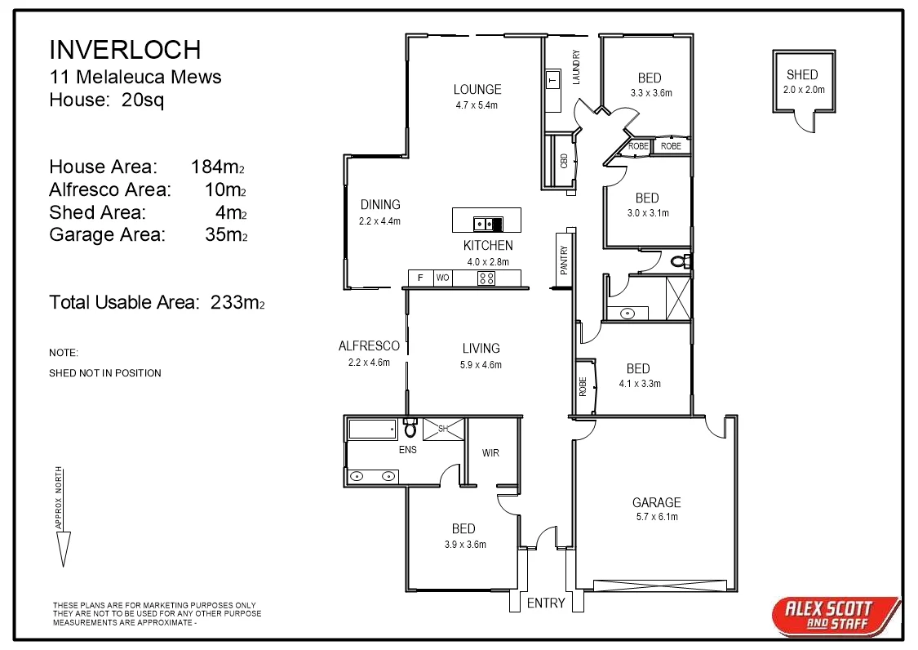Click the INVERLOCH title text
(125, 50)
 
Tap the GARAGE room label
(656, 503)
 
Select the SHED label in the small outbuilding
(801, 75)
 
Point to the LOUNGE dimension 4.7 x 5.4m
(477, 105)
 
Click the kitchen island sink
(482, 223)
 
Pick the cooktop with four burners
(486, 278)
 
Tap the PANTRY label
(563, 262)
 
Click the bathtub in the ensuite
(372, 430)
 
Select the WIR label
(490, 453)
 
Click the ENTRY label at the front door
(546, 603)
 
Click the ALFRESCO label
(369, 346)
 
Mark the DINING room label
(380, 205)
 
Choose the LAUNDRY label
(576, 67)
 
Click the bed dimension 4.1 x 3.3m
(639, 384)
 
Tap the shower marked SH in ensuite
(443, 429)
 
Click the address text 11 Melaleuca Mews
(135, 78)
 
